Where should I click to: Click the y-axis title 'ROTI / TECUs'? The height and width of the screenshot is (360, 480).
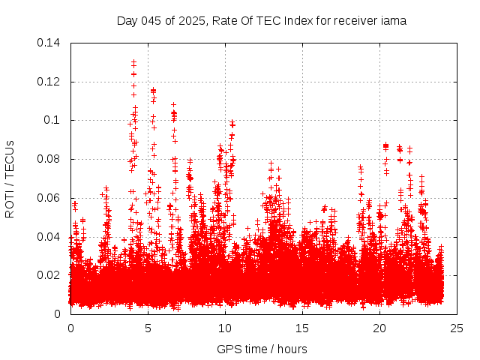click(x=10, y=178)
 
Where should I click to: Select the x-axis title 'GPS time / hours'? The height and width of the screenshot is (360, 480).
click(x=262, y=349)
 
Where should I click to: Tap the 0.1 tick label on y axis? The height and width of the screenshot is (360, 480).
click(x=53, y=121)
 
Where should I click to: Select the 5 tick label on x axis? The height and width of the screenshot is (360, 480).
click(x=148, y=328)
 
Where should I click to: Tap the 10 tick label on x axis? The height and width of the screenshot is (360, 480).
click(x=225, y=328)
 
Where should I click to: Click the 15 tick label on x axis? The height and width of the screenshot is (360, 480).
click(x=302, y=328)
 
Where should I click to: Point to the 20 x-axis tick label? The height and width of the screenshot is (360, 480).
click(x=379, y=328)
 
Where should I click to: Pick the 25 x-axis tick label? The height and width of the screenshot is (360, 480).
click(x=457, y=328)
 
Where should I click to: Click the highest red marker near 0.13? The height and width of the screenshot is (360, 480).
click(x=133, y=62)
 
